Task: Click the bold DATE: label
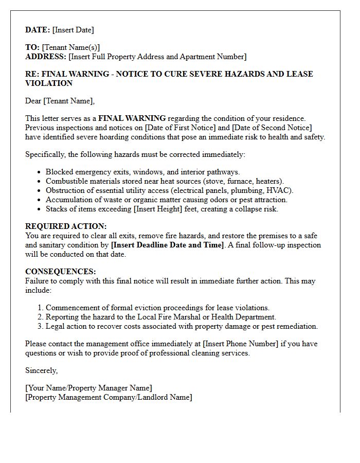click(x=38, y=30)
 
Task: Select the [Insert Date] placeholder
click(x=73, y=30)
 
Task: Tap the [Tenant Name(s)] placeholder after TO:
click(x=71, y=47)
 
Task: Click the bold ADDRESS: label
click(x=46, y=57)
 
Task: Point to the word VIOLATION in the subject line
click(x=49, y=83)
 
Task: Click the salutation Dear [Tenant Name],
click(x=60, y=101)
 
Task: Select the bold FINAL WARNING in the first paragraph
click(x=132, y=118)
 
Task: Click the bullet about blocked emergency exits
click(x=142, y=172)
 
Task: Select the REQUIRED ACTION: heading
click(x=66, y=226)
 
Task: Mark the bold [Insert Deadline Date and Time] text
click(x=168, y=245)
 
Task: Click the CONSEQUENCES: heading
click(x=61, y=272)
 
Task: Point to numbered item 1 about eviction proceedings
click(x=157, y=308)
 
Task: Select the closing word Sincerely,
click(x=42, y=370)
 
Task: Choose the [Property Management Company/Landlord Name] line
click(x=109, y=397)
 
